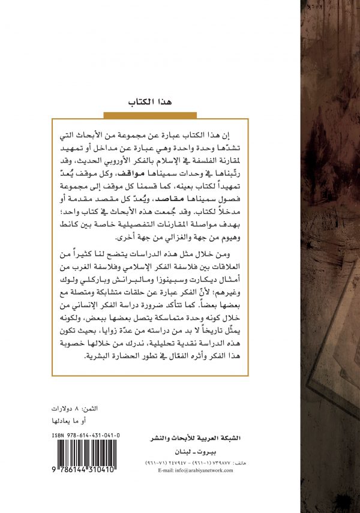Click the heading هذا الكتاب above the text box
(145, 103)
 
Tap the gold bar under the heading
(145, 114)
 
